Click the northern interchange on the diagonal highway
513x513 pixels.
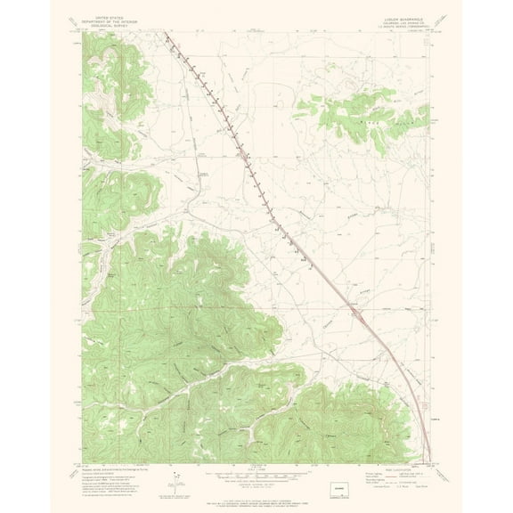pos(242,157)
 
